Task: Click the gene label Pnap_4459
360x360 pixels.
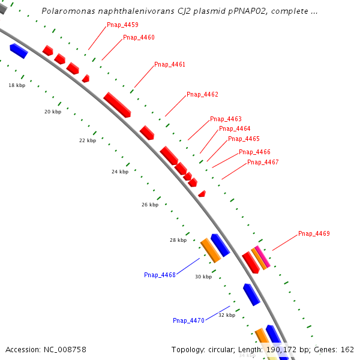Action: click(122, 25)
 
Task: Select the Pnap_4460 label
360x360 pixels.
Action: click(139, 37)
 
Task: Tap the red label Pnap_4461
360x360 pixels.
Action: click(170, 64)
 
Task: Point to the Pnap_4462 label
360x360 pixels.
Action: click(202, 94)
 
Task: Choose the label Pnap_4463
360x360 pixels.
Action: click(226, 119)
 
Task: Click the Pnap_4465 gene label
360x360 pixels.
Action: click(244, 139)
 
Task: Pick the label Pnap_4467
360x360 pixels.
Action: click(263, 162)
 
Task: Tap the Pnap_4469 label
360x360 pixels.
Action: click(314, 233)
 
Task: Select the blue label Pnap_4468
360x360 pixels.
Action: click(160, 275)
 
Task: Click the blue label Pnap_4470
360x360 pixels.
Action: click(188, 320)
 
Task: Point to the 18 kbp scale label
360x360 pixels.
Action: click(17, 85)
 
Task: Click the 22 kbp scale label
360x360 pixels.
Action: click(88, 140)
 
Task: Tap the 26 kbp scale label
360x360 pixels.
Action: click(150, 205)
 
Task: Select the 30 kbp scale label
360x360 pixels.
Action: click(203, 277)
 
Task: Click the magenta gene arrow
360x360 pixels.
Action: click(262, 256)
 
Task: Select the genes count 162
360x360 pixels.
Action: click(347, 349)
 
